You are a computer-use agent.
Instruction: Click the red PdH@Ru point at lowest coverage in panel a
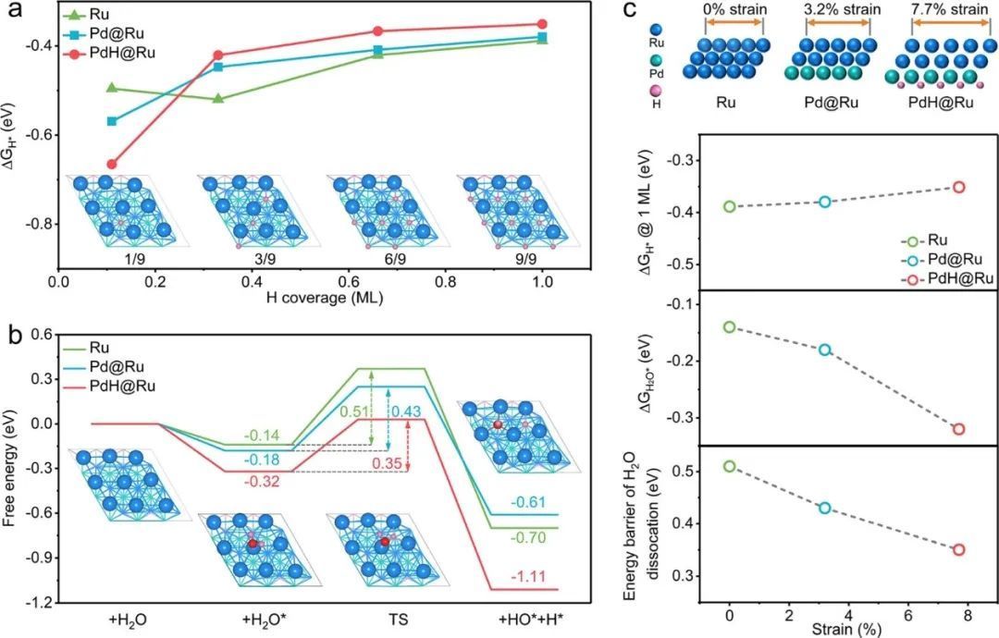pyautogui.click(x=112, y=164)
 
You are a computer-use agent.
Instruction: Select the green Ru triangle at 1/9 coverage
pyautogui.click(x=112, y=87)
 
